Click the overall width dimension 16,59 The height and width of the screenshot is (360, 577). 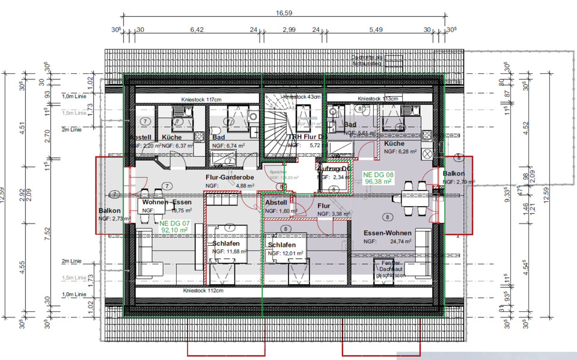coord(284,13)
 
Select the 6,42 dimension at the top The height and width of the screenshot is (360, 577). coord(197,29)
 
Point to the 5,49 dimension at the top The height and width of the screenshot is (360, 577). coord(376,29)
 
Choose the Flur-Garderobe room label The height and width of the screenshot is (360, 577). coord(228,178)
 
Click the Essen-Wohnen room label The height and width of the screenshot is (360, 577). coord(387,233)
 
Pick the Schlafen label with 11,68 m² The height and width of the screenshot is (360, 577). coord(226,244)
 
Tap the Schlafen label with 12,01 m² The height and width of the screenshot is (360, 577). coord(282,246)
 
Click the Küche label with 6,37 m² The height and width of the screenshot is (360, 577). coord(172,138)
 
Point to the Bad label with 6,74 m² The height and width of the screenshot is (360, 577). coord(219,138)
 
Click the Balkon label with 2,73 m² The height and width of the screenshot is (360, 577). coord(110,211)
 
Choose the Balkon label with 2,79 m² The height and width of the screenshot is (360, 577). coord(453,174)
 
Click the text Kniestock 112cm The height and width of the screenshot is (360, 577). coord(203,290)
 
